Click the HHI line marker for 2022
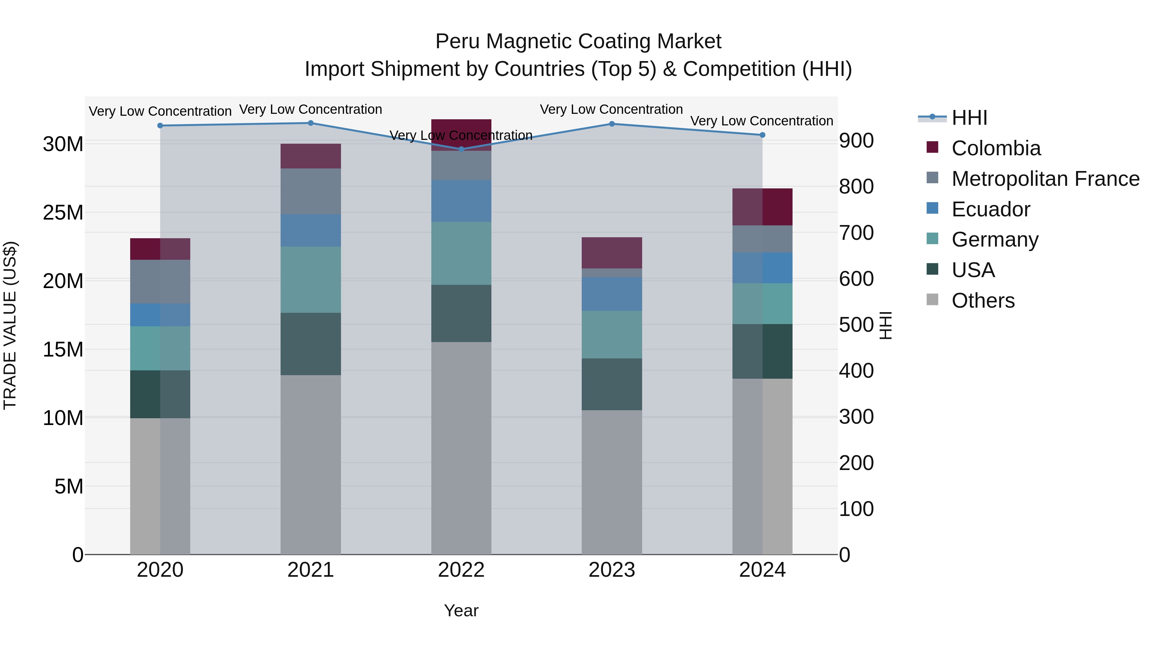[x=461, y=149]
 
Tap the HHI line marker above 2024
[x=762, y=135]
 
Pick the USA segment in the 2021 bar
[x=311, y=344]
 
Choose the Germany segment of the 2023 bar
[x=612, y=334]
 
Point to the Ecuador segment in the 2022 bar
[x=461, y=201]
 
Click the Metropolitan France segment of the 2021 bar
[x=311, y=191]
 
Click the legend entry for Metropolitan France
[x=1045, y=178]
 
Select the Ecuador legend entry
[x=991, y=209]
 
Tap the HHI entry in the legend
[x=969, y=118]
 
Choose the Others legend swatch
[x=932, y=300]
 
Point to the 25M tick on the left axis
[x=63, y=212]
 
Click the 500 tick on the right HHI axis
[x=856, y=324]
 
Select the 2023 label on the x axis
[x=612, y=570]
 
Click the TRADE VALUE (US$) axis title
[x=10, y=325]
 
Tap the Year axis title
[x=461, y=610]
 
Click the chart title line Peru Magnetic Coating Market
[x=578, y=41]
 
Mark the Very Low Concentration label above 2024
[x=762, y=121]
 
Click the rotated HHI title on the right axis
[x=886, y=325]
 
